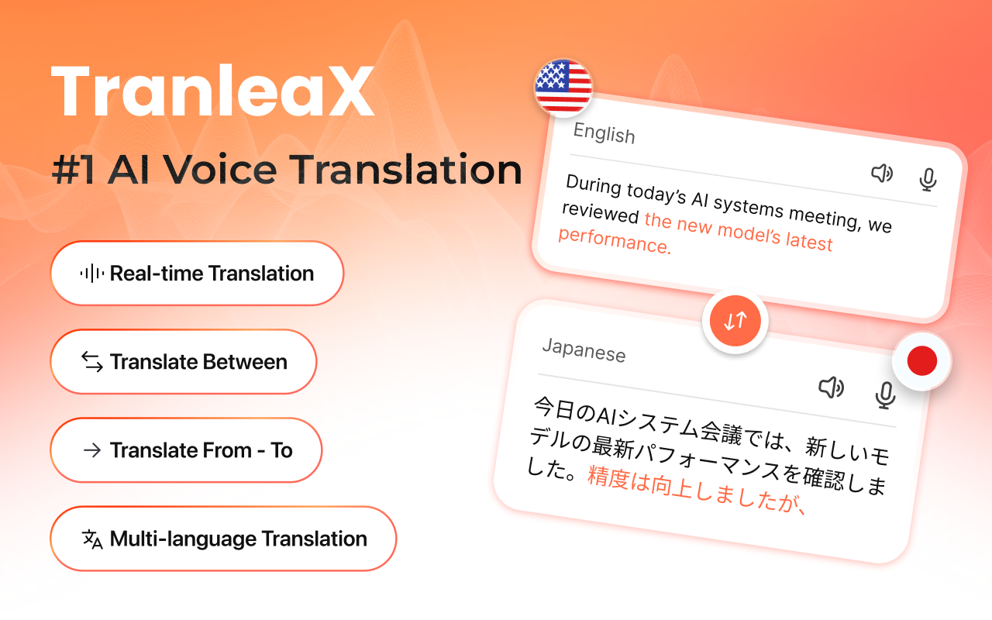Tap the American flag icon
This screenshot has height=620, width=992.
(x=563, y=87)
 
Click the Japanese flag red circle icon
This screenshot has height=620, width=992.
(x=921, y=360)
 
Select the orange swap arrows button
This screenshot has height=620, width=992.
(x=735, y=320)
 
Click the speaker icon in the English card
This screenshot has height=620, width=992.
(x=882, y=174)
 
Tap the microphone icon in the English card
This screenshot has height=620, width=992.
(x=928, y=180)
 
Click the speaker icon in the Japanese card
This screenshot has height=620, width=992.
(x=832, y=387)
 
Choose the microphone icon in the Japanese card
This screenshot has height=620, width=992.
(x=885, y=394)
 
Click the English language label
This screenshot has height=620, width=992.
(x=604, y=134)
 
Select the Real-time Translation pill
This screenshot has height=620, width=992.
(x=197, y=274)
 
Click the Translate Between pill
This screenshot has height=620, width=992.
(x=184, y=362)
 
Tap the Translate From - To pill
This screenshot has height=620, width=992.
(x=186, y=450)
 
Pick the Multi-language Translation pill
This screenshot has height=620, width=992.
(x=223, y=539)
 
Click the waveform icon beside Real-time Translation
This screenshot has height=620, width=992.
(x=92, y=274)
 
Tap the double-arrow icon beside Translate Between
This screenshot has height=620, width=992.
(x=92, y=362)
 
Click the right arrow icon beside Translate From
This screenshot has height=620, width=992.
(x=92, y=450)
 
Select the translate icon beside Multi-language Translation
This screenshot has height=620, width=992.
(x=92, y=539)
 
